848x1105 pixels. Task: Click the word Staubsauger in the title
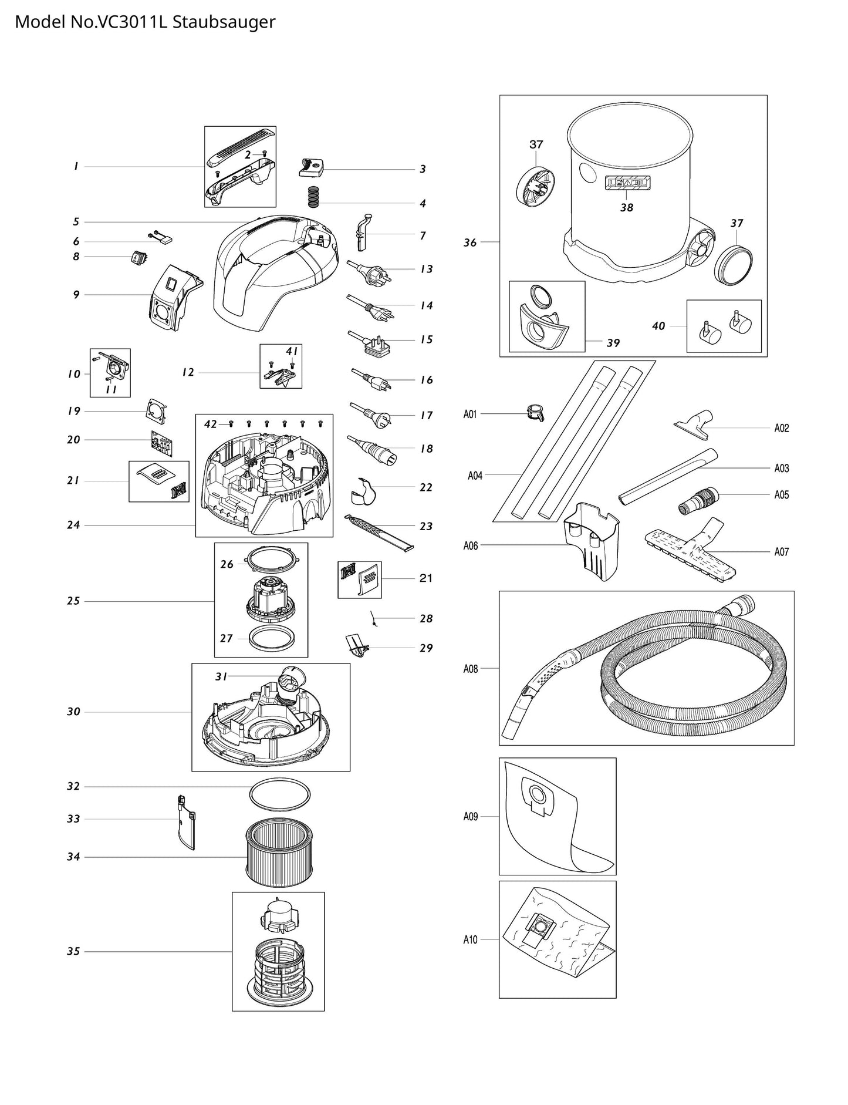(224, 22)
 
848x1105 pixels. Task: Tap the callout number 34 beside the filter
(73, 857)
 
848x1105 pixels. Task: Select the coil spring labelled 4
(316, 197)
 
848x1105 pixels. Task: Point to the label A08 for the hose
(471, 669)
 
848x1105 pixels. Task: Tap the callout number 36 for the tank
(470, 242)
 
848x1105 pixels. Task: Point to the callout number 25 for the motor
(73, 601)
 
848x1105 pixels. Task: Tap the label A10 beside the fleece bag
(471, 940)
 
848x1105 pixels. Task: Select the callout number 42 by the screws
(211, 424)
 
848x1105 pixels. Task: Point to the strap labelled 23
(379, 532)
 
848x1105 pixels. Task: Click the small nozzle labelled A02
(695, 423)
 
